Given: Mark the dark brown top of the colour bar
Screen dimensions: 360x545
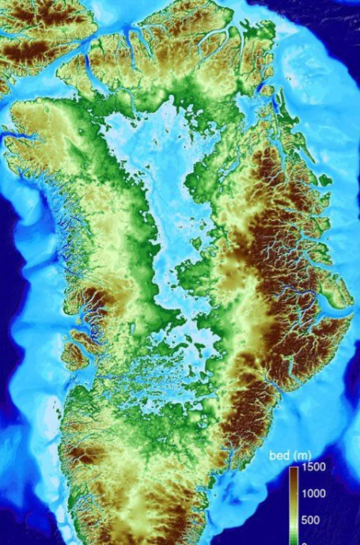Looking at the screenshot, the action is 294,471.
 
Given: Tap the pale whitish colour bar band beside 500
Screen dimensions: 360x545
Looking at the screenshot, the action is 294,518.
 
